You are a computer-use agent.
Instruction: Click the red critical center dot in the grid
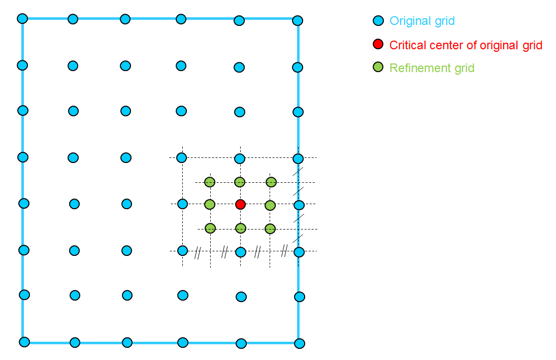pyautogui.click(x=241, y=204)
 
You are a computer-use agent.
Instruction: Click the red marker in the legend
pyautogui.click(x=378, y=44)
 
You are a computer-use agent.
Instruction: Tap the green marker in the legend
pyautogui.click(x=378, y=67)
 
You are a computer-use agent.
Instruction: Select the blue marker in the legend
pyautogui.click(x=378, y=21)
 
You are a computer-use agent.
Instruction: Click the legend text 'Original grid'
pyautogui.click(x=422, y=21)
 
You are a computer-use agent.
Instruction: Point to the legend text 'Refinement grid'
pyautogui.click(x=432, y=68)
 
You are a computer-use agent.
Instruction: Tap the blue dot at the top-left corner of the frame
pyautogui.click(x=22, y=19)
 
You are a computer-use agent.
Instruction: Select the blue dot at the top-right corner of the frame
pyautogui.click(x=298, y=21)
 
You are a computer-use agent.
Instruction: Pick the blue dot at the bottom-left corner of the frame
pyautogui.click(x=24, y=342)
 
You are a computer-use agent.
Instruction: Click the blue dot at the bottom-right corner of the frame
pyautogui.click(x=300, y=343)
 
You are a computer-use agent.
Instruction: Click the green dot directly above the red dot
pyautogui.click(x=240, y=182)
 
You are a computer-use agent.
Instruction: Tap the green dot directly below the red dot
pyautogui.click(x=241, y=228)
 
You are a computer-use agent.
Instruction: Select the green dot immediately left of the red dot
pyautogui.click(x=210, y=205)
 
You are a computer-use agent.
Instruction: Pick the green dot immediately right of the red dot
pyautogui.click(x=270, y=205)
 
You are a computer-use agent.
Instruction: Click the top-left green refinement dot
pyautogui.click(x=210, y=182)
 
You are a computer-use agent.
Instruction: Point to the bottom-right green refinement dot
pyautogui.click(x=270, y=228)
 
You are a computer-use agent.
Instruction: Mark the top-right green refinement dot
pyautogui.click(x=271, y=182)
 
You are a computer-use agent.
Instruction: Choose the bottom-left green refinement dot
pyautogui.click(x=210, y=228)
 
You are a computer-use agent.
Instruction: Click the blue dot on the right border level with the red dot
pyautogui.click(x=299, y=205)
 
